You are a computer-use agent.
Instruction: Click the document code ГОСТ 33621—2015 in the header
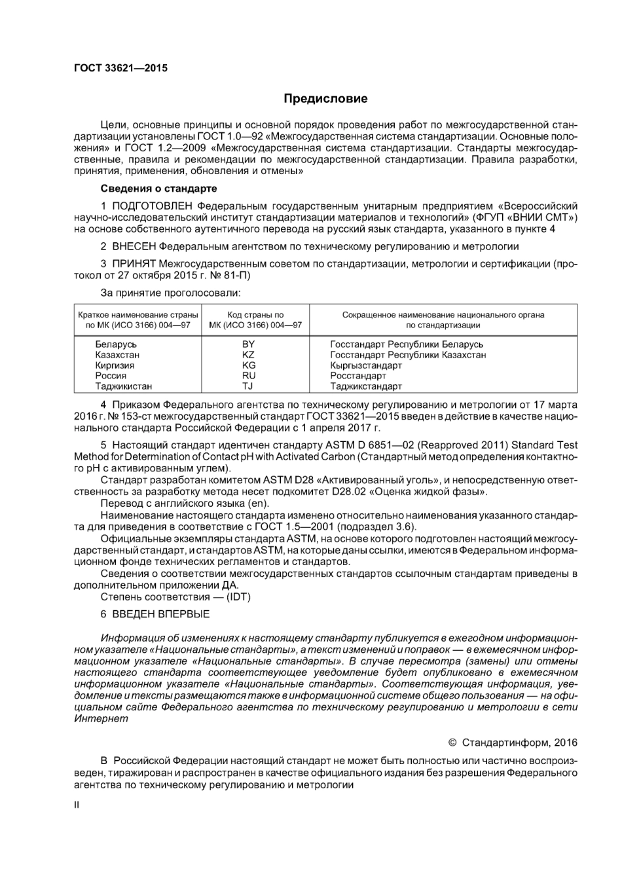coord(120,68)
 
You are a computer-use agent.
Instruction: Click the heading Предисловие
coord(325,99)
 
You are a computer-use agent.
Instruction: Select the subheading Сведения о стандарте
coord(158,189)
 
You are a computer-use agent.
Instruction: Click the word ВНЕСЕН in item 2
coord(134,246)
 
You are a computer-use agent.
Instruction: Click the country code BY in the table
coord(248,344)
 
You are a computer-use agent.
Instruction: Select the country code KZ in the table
coord(248,355)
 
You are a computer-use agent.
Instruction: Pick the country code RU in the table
coord(248,376)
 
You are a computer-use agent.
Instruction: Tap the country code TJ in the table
coord(247,386)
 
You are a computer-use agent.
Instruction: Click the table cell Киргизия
coord(115,365)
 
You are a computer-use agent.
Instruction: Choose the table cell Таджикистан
coord(123,386)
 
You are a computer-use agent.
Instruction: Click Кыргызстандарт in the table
coord(366,365)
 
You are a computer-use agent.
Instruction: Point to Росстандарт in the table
coord(358,376)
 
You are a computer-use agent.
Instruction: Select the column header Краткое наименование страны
coord(138,315)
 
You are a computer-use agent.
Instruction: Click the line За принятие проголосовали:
coord(170,292)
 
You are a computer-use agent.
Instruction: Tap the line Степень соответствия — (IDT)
coord(175,596)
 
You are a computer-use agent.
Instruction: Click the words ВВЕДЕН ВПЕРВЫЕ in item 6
coord(161,614)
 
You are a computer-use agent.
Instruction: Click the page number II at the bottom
coord(77,805)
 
